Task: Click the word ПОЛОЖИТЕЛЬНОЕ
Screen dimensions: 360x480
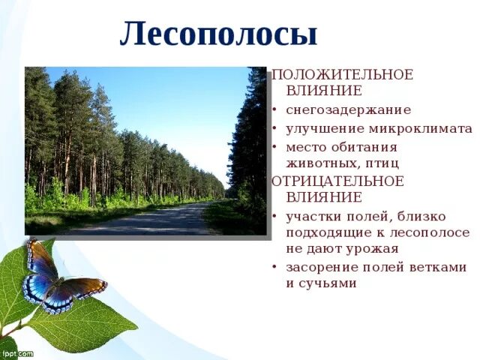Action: point(342,75)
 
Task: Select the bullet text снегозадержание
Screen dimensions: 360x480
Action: point(348,109)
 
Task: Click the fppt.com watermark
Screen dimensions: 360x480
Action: point(16,352)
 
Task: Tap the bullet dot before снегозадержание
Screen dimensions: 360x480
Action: point(276,110)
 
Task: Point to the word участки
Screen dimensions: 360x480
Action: point(313,216)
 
